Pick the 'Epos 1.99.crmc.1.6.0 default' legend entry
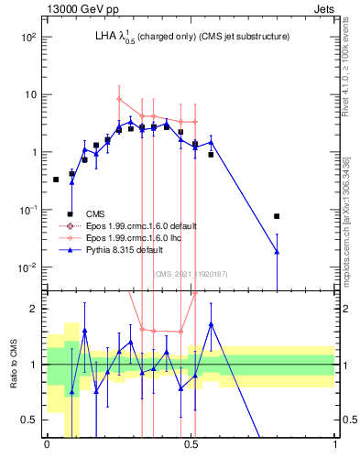click(147, 225)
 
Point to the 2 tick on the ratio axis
click(35, 309)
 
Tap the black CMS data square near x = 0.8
click(277, 216)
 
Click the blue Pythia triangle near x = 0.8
click(277, 251)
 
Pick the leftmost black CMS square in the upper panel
click(56, 180)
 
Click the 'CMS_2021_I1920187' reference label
click(190, 273)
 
